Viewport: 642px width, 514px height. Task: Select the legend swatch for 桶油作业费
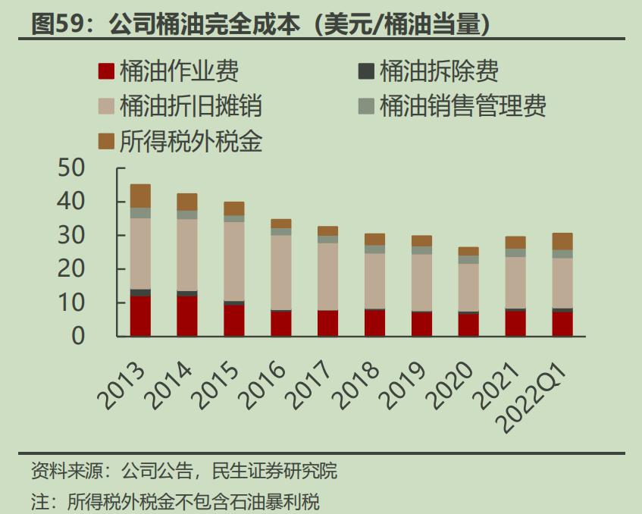click(106, 72)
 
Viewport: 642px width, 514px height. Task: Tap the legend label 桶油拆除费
click(439, 72)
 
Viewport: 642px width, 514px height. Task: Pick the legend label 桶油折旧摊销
click(190, 106)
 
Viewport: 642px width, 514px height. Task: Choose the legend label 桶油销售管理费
click(462, 106)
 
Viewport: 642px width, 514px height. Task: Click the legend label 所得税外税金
click(190, 140)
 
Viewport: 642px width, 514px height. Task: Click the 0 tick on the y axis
click(79, 336)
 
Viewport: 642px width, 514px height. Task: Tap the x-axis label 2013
click(123, 386)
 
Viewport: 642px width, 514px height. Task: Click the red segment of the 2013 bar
click(140, 315)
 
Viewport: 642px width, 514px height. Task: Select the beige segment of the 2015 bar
click(234, 261)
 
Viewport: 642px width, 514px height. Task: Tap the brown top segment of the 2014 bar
click(187, 202)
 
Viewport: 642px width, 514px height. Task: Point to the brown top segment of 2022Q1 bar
click(562, 241)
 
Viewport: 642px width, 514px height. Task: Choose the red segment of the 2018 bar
click(374, 322)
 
